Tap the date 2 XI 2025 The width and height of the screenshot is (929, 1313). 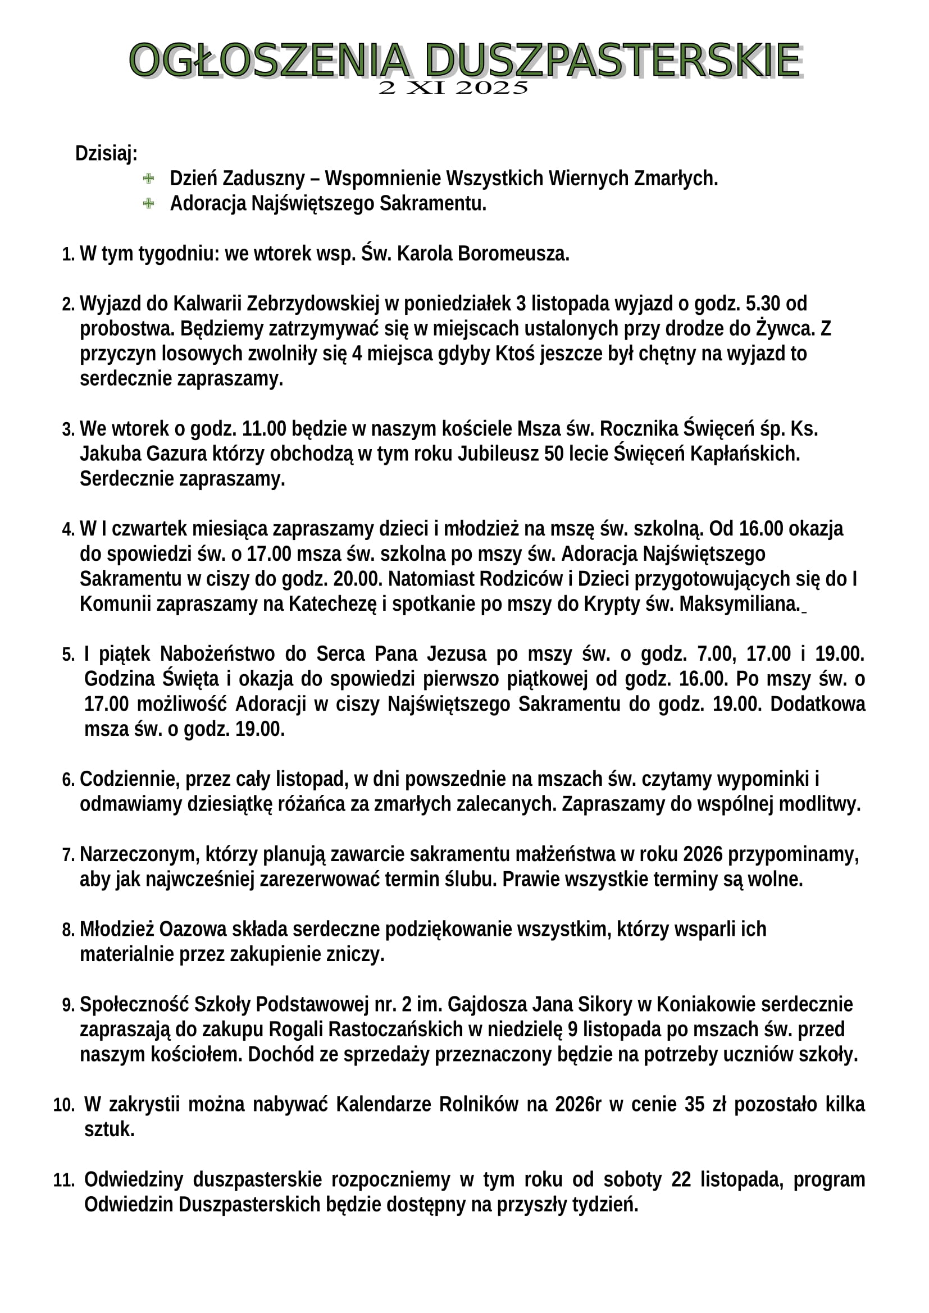coord(453,88)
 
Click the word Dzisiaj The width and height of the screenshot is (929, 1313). coord(106,153)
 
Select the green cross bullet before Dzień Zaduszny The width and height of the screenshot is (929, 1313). coord(148,179)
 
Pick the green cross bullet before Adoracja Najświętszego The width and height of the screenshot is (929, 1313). coord(148,203)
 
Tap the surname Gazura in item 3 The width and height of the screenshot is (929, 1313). coord(177,454)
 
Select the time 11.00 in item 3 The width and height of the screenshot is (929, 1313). coord(264,428)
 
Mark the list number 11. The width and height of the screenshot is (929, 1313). coord(63,1180)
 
